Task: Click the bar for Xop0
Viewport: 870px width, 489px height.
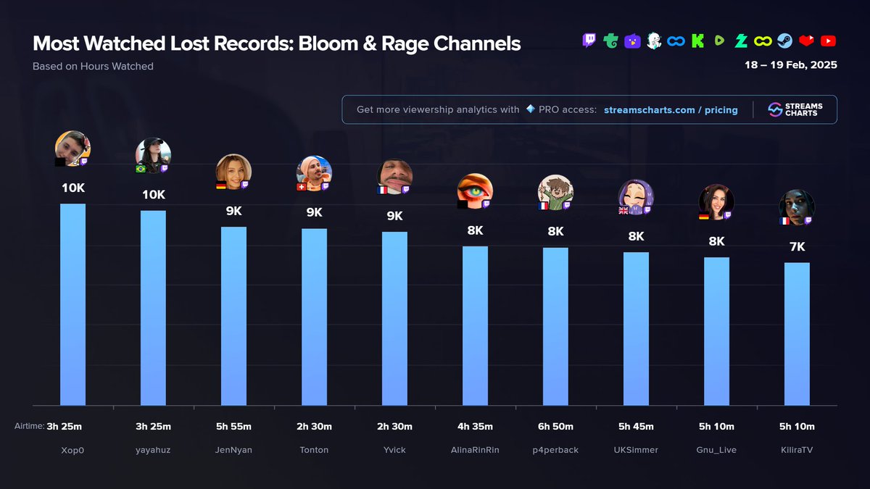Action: click(x=72, y=304)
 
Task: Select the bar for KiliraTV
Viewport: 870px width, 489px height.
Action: click(x=797, y=333)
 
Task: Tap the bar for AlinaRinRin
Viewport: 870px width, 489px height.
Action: click(x=475, y=326)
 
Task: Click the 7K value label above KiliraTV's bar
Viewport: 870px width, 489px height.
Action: click(x=797, y=247)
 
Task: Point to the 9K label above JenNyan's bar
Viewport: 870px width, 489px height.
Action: click(x=233, y=212)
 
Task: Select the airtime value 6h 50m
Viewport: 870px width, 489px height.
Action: click(x=555, y=427)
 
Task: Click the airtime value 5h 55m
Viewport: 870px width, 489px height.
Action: click(x=233, y=427)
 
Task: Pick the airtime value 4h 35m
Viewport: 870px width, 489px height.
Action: click(x=475, y=427)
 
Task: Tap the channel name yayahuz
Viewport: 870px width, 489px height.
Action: click(x=153, y=450)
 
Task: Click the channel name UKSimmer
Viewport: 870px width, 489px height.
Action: click(x=636, y=450)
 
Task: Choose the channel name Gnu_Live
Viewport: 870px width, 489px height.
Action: click(x=716, y=450)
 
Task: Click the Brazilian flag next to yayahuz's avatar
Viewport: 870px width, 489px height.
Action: click(x=141, y=169)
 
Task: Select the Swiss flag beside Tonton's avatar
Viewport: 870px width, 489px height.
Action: click(x=302, y=186)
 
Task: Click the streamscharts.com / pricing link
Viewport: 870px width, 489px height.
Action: click(x=671, y=110)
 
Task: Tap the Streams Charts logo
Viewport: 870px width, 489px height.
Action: click(x=795, y=109)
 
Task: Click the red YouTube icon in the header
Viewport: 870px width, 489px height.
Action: click(x=828, y=41)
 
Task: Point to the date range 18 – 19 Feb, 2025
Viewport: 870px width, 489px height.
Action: click(x=790, y=65)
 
